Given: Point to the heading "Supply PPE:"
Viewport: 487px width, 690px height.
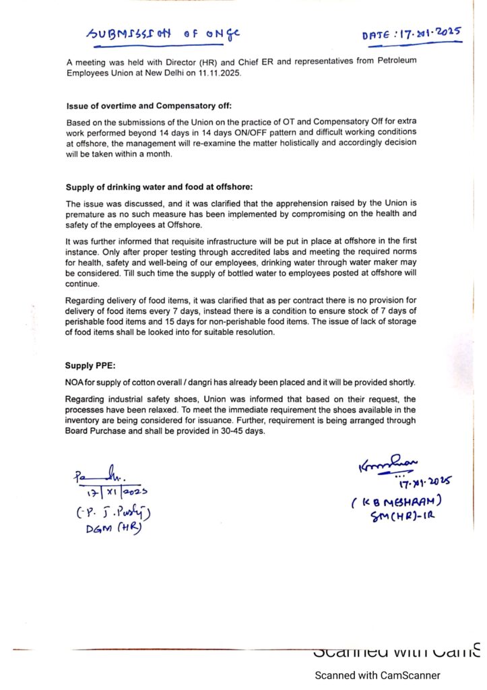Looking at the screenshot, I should point(90,366).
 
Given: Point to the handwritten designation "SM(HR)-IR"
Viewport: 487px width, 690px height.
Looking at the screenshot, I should point(401,517).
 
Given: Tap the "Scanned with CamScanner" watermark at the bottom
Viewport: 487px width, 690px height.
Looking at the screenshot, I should point(378,675).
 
